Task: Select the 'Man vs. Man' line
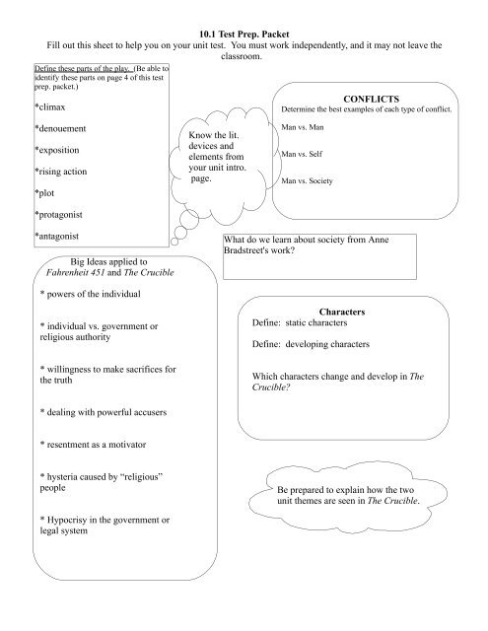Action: pos(303,128)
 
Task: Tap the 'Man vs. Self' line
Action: pos(302,155)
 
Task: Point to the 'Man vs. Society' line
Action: pos(308,181)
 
